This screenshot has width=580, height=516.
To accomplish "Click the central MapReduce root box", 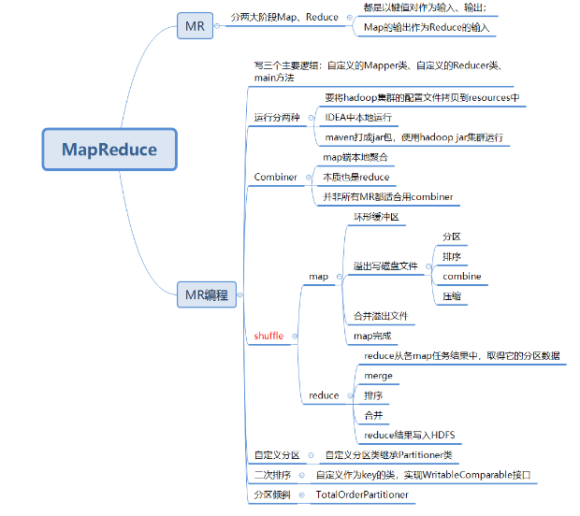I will pos(109,149).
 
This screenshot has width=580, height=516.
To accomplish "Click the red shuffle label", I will pos(268,336).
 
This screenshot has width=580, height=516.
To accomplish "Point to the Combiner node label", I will pos(275,177).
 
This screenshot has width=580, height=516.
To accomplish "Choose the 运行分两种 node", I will pos(277,118).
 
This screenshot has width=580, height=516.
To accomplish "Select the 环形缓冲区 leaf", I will pos(376,217).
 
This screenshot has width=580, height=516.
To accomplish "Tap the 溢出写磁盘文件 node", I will pos(385,265).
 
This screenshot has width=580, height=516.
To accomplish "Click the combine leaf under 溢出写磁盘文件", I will pos(462,277).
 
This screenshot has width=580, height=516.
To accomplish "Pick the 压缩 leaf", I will pos(452,296).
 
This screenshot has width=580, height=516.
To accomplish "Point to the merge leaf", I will pos(378,376).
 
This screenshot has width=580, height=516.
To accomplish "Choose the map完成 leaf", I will pos(372,336).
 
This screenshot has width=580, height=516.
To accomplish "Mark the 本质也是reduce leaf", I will pos(355,177).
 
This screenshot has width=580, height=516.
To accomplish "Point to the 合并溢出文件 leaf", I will pos(382,316).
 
